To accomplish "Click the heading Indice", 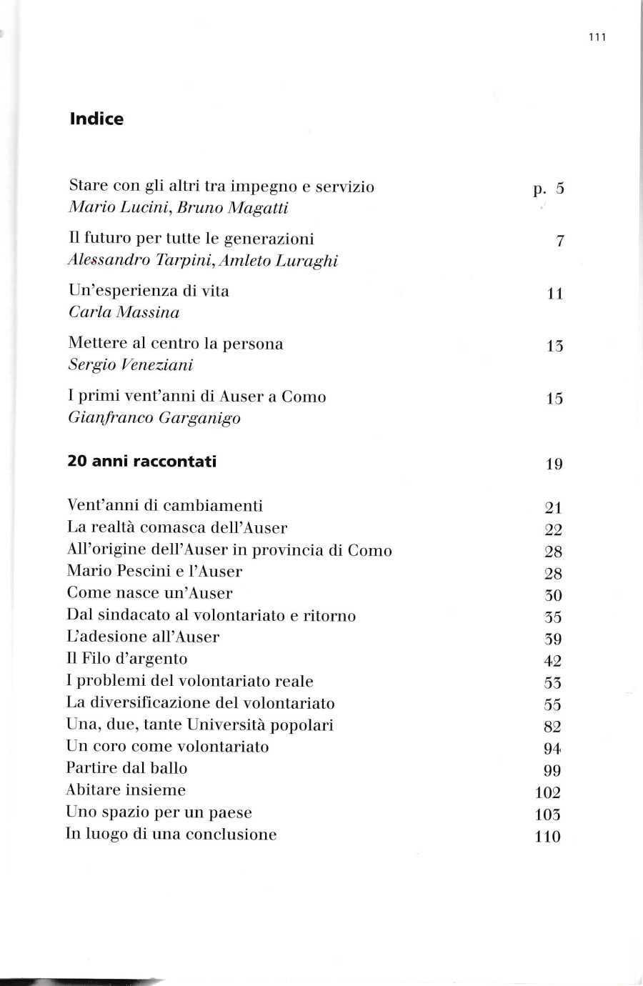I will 96,119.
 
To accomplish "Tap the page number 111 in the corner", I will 597,38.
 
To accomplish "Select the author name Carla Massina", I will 124,312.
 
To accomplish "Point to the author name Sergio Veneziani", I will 131,365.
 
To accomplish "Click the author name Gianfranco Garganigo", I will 154,418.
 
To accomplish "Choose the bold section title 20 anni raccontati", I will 141,462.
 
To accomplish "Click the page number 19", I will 554,464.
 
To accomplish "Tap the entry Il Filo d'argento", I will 127,659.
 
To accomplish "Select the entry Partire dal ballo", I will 126,768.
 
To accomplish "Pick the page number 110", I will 548,837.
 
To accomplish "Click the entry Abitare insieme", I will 126,790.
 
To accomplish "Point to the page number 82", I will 552,727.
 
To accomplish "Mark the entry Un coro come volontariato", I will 168,747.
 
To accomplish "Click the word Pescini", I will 143,572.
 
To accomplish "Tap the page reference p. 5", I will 549,189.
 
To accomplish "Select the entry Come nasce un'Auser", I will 149,593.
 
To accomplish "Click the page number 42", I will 552,662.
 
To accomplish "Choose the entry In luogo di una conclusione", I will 171,835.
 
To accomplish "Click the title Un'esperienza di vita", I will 149,291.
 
